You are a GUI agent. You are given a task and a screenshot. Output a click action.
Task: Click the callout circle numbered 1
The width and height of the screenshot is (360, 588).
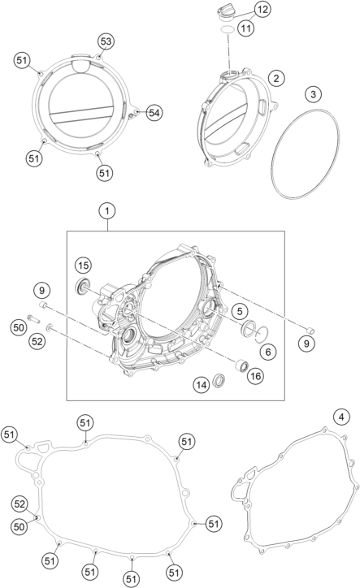(x=107, y=211)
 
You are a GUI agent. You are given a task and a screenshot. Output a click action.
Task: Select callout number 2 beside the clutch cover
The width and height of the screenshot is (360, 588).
(x=276, y=78)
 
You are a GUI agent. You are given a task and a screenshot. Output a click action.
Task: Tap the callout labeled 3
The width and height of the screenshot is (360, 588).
(x=314, y=93)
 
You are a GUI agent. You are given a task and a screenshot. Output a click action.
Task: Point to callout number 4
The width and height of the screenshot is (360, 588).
(x=341, y=417)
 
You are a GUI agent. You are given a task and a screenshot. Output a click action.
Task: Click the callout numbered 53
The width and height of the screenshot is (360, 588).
(x=106, y=41)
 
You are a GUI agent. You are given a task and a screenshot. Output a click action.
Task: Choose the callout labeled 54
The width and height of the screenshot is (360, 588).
(x=154, y=113)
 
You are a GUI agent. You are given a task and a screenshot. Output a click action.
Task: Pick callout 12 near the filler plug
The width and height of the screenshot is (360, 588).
(x=262, y=10)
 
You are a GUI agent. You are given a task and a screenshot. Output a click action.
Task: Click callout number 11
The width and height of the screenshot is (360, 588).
(x=245, y=28)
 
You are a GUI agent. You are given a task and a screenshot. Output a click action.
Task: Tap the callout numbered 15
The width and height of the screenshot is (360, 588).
(x=83, y=266)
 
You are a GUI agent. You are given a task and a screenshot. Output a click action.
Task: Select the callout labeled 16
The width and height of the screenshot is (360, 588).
(x=255, y=376)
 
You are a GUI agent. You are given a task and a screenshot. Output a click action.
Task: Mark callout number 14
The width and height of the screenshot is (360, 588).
(x=202, y=385)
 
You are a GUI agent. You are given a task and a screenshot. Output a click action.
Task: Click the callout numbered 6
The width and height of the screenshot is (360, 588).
(x=268, y=352)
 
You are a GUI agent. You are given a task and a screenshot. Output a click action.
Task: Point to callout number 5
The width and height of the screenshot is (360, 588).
(x=240, y=310)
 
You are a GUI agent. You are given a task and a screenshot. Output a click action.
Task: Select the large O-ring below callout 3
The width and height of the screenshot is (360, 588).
(x=306, y=153)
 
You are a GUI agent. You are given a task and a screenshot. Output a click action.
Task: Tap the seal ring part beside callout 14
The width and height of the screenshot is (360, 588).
(x=219, y=380)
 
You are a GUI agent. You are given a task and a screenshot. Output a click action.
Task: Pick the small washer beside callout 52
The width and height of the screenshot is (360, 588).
(x=49, y=329)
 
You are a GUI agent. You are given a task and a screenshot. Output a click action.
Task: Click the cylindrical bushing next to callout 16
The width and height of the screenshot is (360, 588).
(x=241, y=365)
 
